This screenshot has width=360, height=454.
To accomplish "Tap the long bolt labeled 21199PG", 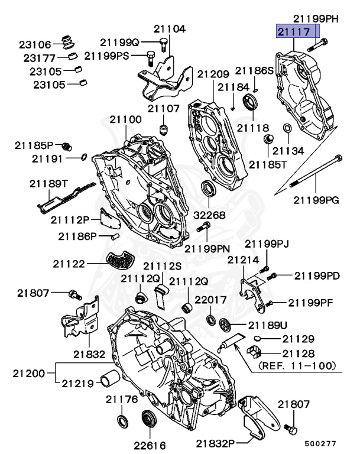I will [316, 172].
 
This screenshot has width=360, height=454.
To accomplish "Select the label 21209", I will [213, 74].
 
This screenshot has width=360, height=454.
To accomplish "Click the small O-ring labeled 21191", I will [84, 157].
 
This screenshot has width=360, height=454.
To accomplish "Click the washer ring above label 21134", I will [287, 128].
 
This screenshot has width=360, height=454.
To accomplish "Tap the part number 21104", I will [170, 29].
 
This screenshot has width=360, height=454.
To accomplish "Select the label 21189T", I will [49, 184].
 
